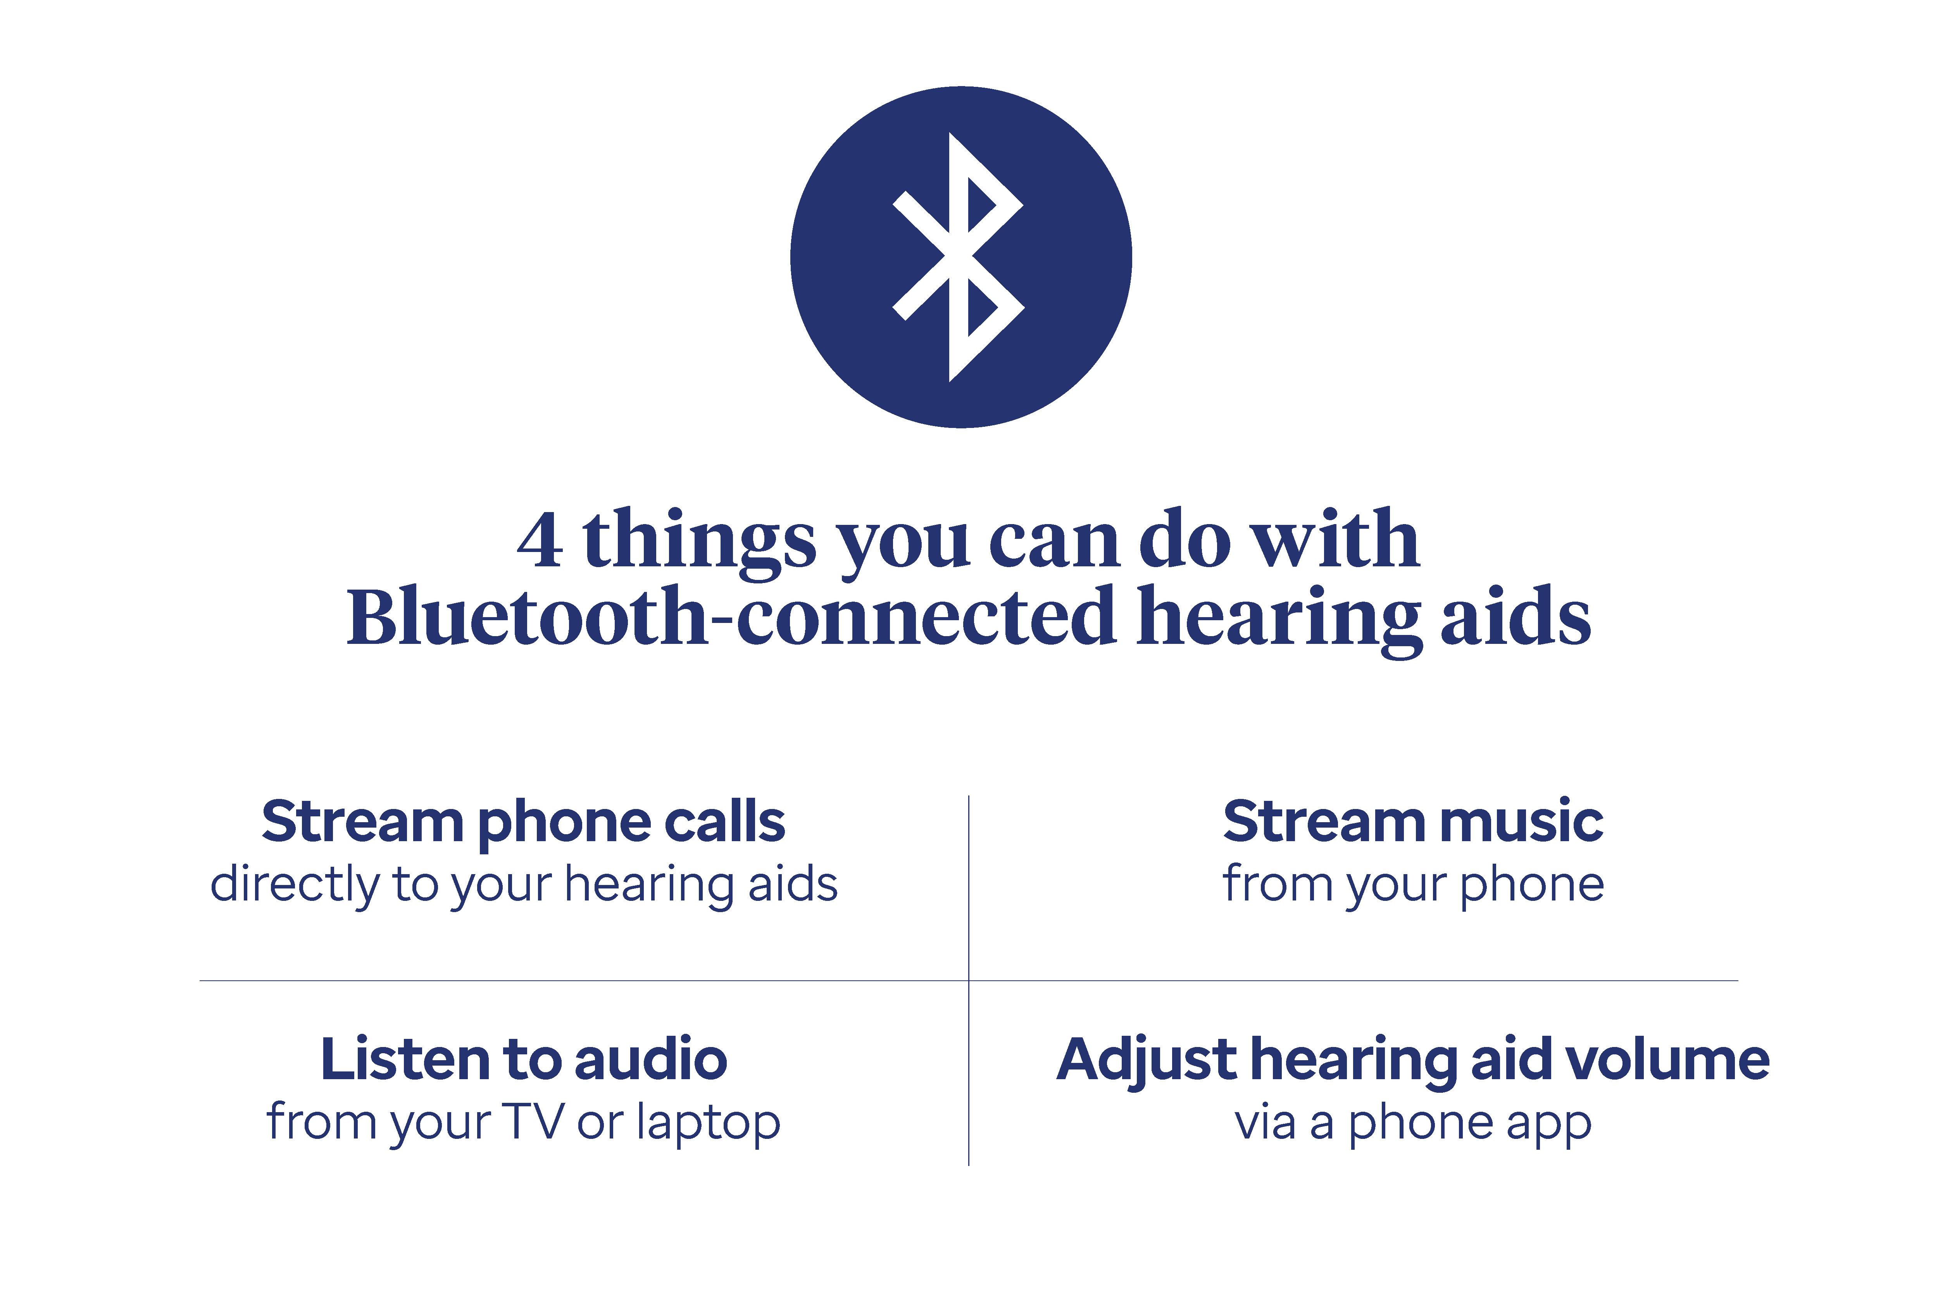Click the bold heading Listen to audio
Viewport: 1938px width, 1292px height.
point(524,1060)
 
